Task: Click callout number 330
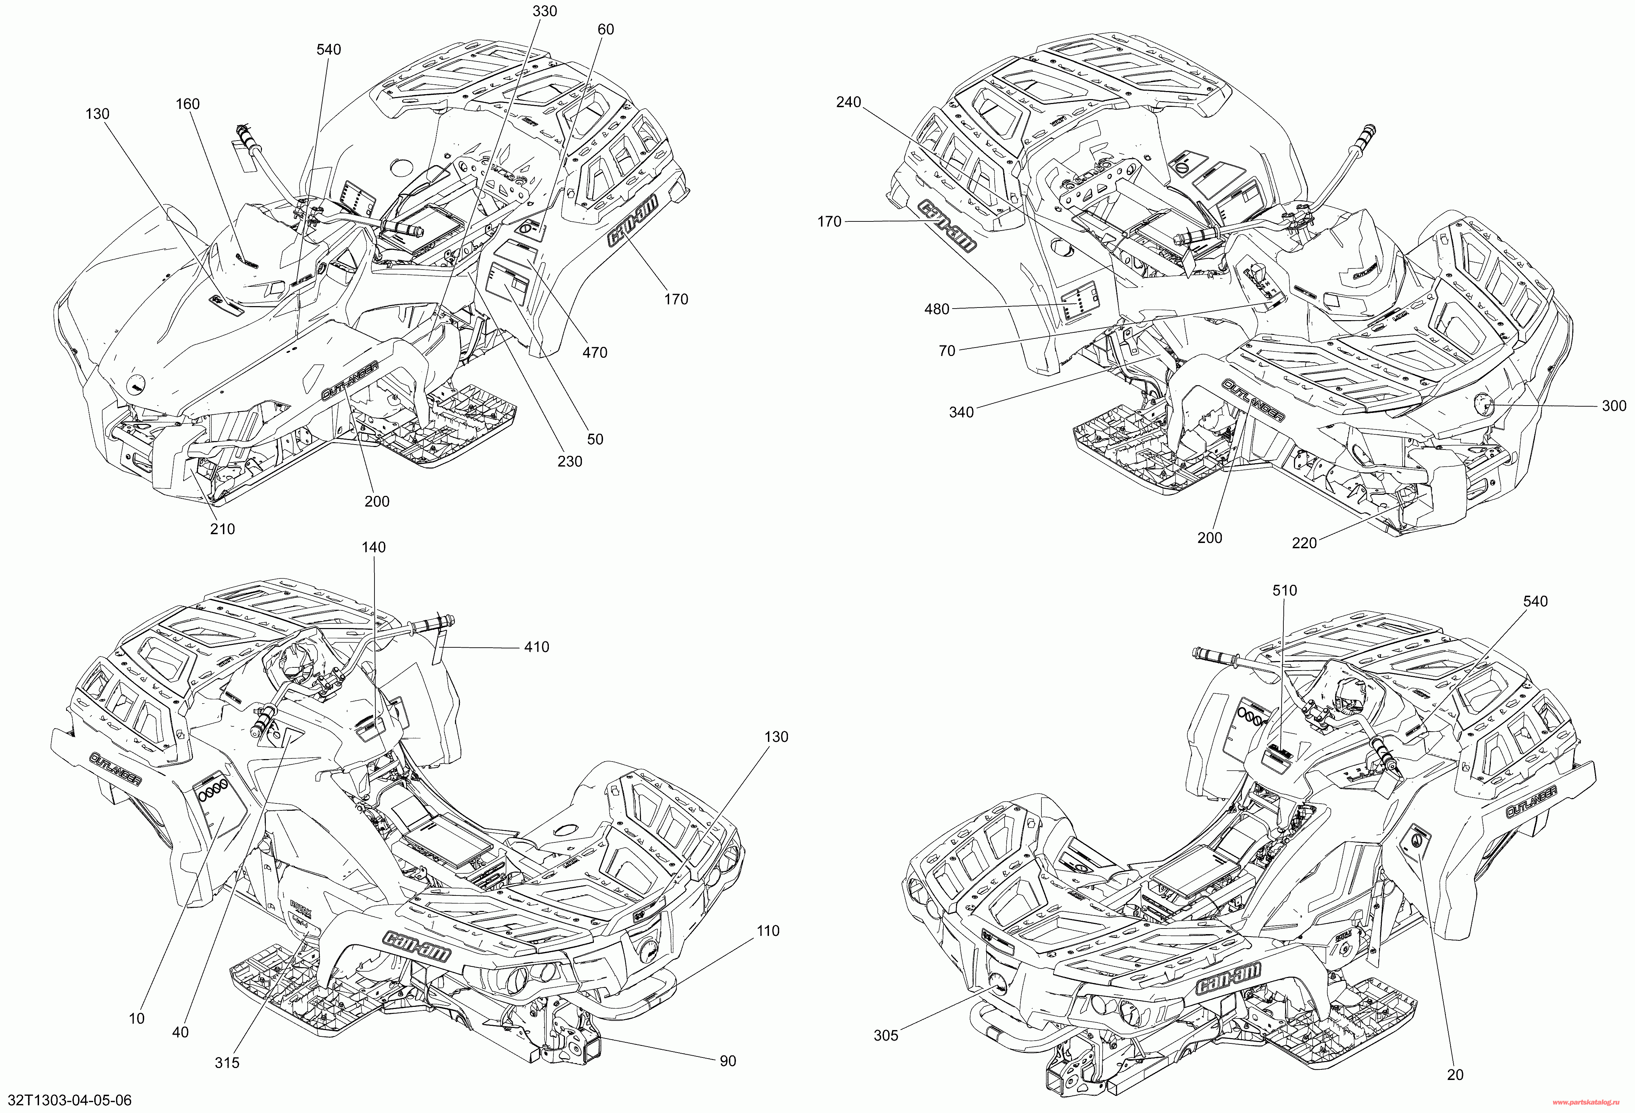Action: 545,11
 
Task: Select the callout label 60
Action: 605,30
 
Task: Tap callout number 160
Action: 187,104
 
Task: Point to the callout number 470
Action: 595,352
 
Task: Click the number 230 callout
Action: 570,461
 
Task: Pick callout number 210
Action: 222,529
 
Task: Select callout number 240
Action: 848,102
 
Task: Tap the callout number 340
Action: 961,412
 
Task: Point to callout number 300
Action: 1614,406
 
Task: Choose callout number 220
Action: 1304,543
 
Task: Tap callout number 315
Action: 227,1062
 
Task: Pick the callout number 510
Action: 1285,591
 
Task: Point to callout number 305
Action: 886,1035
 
